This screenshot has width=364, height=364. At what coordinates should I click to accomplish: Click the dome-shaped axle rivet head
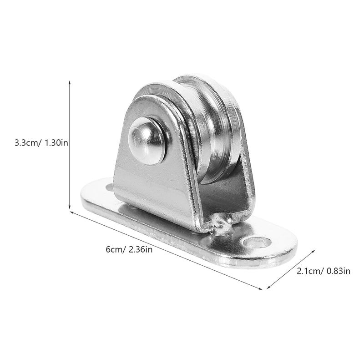(x=147, y=141)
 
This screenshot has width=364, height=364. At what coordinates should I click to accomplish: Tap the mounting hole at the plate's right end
(x=257, y=243)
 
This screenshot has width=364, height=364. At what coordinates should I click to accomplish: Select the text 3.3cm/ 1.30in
(x=41, y=142)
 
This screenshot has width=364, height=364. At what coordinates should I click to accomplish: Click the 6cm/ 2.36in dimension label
(x=129, y=249)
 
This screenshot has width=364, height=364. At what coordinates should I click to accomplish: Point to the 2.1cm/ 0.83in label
(x=324, y=271)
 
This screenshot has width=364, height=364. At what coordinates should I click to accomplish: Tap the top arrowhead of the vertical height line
(x=70, y=83)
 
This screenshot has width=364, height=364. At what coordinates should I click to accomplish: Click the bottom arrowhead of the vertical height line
(x=70, y=207)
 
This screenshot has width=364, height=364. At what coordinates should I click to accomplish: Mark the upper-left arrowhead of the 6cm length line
(x=72, y=212)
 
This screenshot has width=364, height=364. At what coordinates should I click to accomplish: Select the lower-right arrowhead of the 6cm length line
(x=260, y=288)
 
